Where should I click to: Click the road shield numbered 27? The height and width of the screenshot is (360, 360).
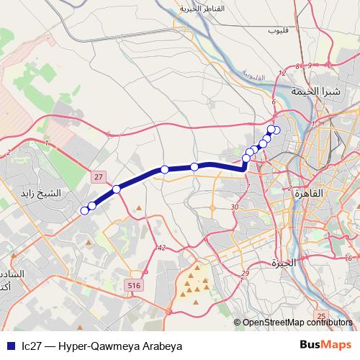tap(99, 176)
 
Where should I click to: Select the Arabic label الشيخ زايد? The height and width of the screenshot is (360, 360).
tap(63, 194)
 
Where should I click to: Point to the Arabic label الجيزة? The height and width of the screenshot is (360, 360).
tap(281, 262)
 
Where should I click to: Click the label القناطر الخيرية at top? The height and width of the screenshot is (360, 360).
tap(203, 9)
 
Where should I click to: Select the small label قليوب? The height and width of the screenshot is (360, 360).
tap(277, 31)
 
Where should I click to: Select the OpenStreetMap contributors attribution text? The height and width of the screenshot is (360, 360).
tap(297, 323)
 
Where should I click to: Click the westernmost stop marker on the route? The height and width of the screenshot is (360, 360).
tap(84, 210)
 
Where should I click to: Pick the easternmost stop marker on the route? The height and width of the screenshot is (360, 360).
tap(276, 130)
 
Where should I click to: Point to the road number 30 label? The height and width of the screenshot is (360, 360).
tap(235, 207)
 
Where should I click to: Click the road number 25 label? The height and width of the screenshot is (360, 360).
tap(321, 316)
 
